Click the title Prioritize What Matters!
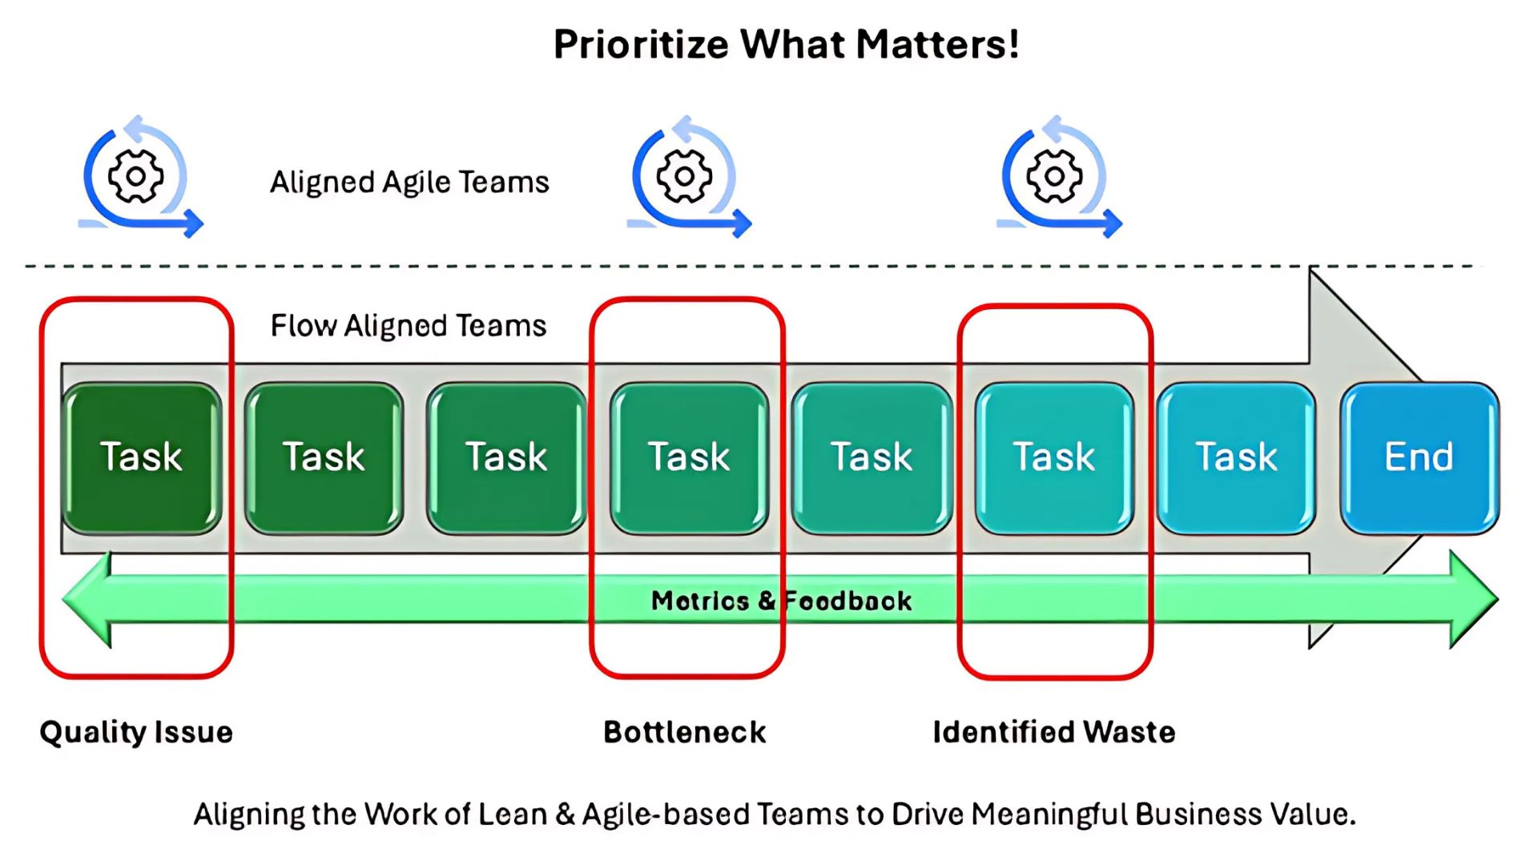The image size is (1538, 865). point(786,45)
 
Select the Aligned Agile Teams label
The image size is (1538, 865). point(409,183)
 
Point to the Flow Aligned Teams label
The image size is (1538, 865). point(409,326)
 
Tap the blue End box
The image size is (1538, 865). point(1419,458)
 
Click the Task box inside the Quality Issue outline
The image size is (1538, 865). point(141,458)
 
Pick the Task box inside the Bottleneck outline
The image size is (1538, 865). point(689,458)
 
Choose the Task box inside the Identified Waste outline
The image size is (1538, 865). point(1054,458)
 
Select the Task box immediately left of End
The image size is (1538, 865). point(1236,458)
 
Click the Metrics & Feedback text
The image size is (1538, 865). point(781,601)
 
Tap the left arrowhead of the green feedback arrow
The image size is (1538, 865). point(87,599)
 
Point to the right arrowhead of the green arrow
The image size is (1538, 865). point(1474,599)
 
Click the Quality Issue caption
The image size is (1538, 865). point(136,732)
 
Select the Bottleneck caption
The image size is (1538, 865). point(685,732)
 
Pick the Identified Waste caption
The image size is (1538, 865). point(1054,732)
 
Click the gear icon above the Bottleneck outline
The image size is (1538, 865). point(684,176)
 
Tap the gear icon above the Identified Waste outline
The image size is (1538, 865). point(1054,176)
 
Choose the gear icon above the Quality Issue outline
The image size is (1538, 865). point(135,176)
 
